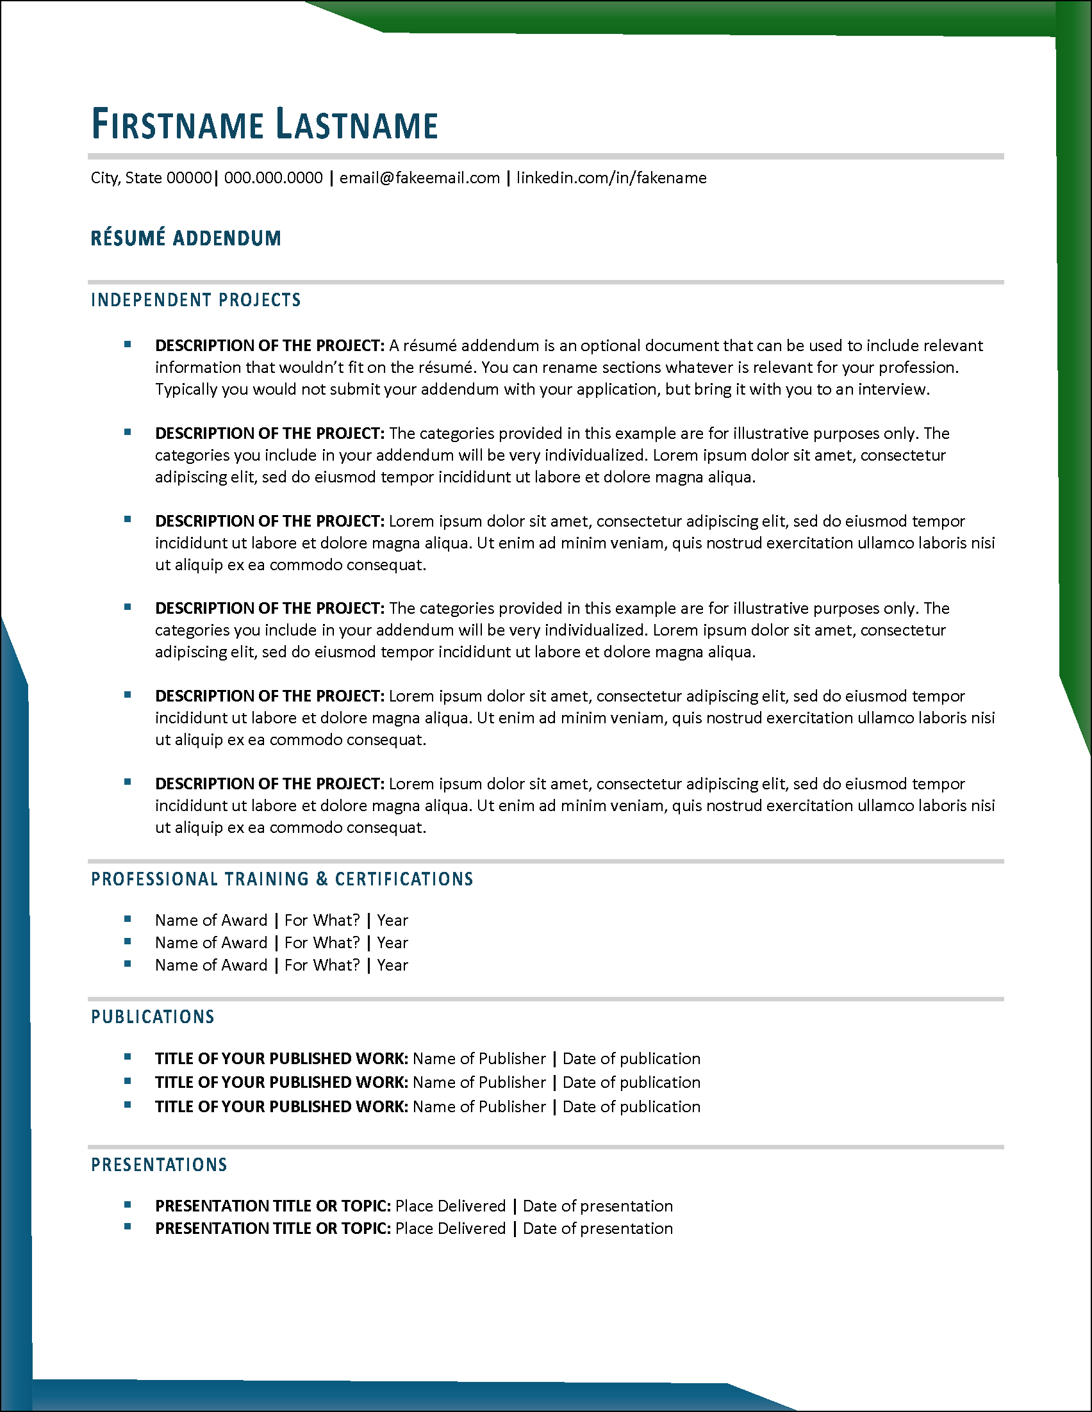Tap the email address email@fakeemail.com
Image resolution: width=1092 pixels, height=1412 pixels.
click(420, 178)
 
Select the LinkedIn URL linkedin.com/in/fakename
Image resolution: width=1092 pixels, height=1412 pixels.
click(611, 178)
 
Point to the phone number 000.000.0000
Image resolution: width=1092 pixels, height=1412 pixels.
click(274, 178)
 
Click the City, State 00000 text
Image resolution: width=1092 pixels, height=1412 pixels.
click(151, 178)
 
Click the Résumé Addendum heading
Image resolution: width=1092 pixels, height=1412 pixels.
click(186, 238)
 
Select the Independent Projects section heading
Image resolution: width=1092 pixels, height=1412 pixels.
click(196, 300)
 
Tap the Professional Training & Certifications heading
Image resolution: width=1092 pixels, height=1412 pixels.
click(282, 879)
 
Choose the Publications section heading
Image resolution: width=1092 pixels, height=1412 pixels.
click(153, 1017)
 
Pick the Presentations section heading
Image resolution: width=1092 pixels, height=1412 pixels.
click(159, 1165)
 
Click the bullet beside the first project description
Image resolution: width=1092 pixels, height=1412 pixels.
click(128, 345)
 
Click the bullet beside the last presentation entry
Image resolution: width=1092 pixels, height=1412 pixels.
click(128, 1226)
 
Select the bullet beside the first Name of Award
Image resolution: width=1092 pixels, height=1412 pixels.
click(128, 919)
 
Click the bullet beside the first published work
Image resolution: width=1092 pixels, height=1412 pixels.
click(128, 1057)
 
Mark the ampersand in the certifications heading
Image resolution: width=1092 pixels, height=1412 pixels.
click(322, 879)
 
